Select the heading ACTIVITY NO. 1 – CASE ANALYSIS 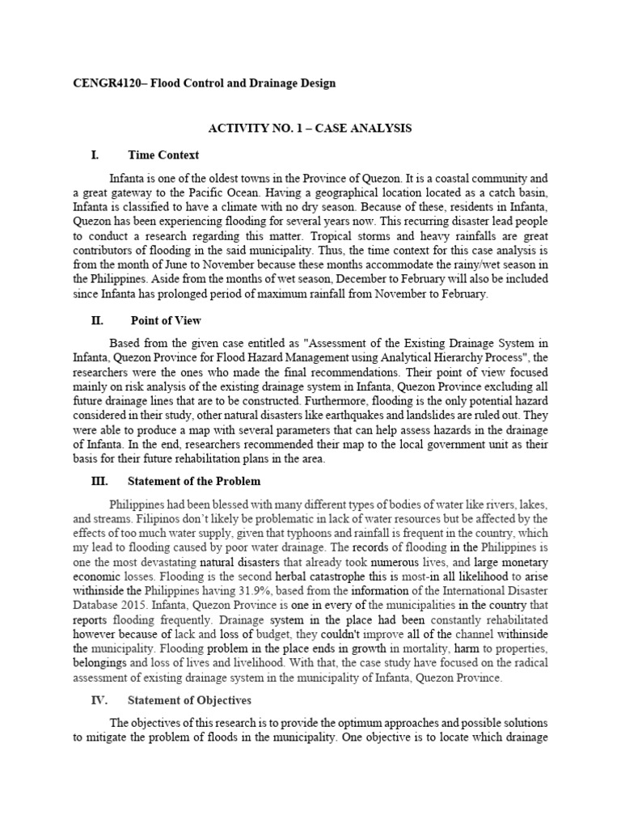310,128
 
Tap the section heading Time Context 163,154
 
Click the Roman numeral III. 99,479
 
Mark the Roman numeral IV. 99,699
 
